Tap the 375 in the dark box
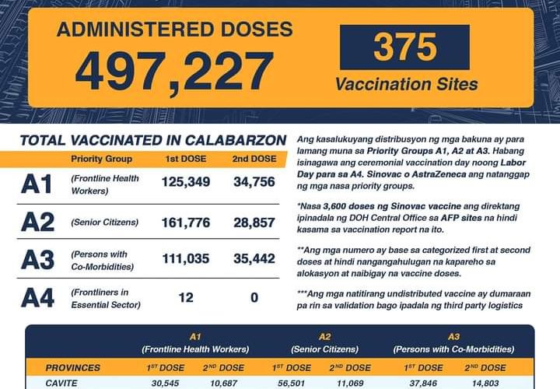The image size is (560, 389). [x=404, y=47]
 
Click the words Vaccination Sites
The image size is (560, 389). [x=406, y=83]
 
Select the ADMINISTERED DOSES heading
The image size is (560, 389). [x=174, y=30]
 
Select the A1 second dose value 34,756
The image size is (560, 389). [x=254, y=182]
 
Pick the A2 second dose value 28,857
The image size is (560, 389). [x=254, y=223]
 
